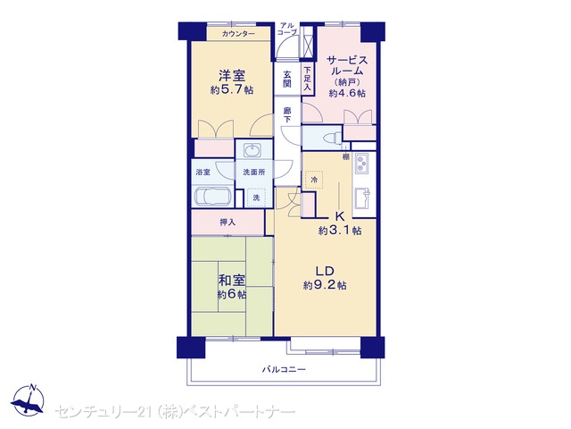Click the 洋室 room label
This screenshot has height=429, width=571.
232,75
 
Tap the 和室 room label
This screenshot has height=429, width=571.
232,281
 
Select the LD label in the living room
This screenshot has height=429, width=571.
325,271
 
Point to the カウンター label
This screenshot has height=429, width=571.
238,34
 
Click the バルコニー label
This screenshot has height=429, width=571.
284,369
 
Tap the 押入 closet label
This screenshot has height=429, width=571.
228,222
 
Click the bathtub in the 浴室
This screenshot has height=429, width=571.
213,197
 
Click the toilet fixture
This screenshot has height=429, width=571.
333,139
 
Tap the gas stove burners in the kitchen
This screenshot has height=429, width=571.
362,163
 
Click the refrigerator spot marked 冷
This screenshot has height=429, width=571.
314,180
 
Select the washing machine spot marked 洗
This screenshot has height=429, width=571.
256,198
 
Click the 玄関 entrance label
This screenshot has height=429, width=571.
287,79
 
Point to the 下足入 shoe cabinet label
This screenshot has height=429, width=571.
308,79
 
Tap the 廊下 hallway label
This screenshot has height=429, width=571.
287,114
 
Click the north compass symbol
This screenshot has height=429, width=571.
28,401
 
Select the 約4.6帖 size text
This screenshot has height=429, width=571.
347,93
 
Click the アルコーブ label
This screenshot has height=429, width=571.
287,29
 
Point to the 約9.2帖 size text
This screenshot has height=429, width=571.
325,285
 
